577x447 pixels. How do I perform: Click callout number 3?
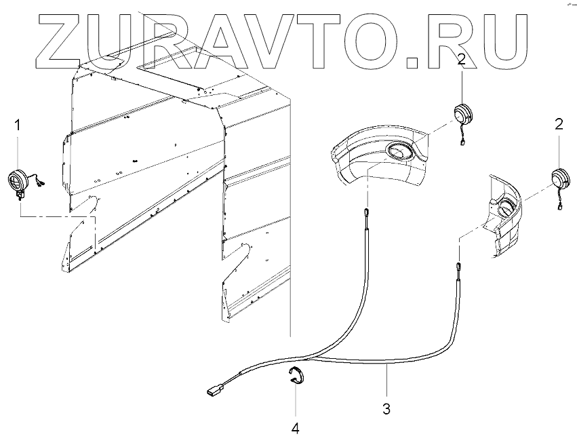pos(386,409)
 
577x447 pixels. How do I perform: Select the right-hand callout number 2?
pos(559,123)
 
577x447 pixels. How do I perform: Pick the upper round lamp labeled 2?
pos(462,113)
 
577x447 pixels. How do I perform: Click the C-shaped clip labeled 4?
pos(296,376)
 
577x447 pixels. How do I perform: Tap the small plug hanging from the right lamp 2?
pos(562,208)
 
